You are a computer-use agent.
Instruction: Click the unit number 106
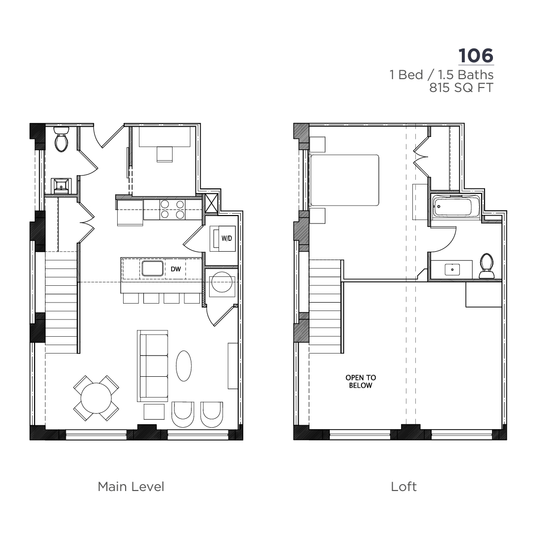click(x=476, y=56)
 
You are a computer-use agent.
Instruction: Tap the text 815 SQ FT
click(x=461, y=88)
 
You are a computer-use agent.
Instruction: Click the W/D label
click(x=226, y=238)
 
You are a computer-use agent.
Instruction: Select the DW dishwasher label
click(x=176, y=269)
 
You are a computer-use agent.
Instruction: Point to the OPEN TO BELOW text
click(x=360, y=381)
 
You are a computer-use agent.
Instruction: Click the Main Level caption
click(x=131, y=487)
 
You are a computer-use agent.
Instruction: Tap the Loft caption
click(x=403, y=487)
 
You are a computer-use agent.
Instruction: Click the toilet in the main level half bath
click(x=61, y=139)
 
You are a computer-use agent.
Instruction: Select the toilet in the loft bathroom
click(x=487, y=266)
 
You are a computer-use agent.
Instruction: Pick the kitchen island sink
click(x=152, y=268)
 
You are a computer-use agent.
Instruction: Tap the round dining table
click(x=96, y=398)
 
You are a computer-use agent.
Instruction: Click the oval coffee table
click(x=183, y=366)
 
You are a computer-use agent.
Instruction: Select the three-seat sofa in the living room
click(x=153, y=366)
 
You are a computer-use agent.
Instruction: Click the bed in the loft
click(x=345, y=180)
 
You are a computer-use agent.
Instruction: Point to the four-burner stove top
click(x=173, y=210)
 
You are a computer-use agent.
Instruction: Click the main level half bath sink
click(x=61, y=186)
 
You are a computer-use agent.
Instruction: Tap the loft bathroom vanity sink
click(x=452, y=269)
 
